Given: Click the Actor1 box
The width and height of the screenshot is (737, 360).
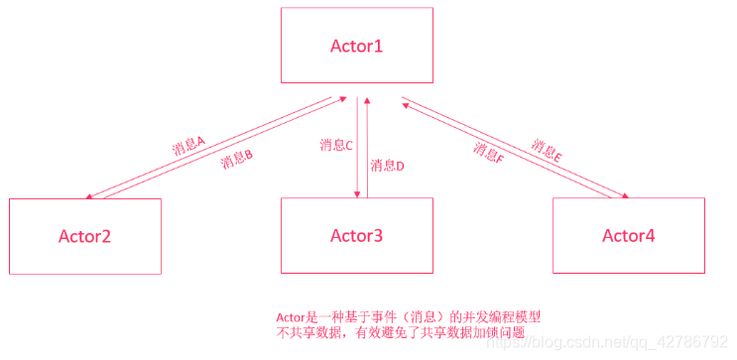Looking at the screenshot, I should (x=356, y=46).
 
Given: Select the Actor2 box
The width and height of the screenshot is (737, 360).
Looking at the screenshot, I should (x=84, y=236).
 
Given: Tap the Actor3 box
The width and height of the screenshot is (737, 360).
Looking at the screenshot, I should (x=356, y=236).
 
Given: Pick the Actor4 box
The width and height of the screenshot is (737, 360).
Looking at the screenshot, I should (x=628, y=236).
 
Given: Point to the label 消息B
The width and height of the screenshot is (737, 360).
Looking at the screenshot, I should (x=237, y=159).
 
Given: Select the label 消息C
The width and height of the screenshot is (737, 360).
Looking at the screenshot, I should (x=336, y=146).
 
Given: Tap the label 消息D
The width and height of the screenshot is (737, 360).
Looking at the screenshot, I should (x=387, y=166).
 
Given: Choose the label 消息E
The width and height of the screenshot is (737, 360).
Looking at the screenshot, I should (x=548, y=150).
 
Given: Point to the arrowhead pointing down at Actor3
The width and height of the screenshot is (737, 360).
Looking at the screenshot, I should (x=357, y=193).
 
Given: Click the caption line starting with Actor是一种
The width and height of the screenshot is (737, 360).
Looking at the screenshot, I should (x=407, y=316).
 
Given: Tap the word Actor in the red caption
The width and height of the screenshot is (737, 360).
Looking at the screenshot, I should (x=290, y=316).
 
